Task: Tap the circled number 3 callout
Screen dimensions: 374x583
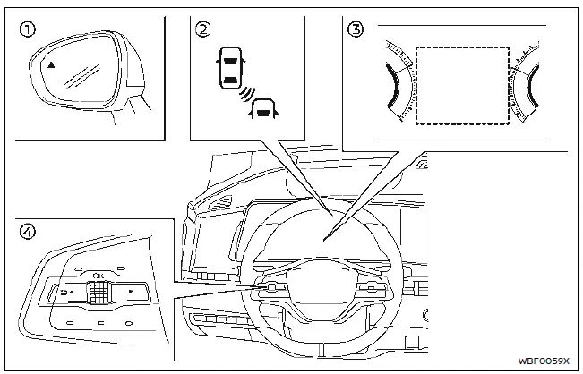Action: point(356,29)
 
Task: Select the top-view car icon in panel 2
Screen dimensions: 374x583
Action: point(229,70)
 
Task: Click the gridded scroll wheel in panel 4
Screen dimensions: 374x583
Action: point(98,293)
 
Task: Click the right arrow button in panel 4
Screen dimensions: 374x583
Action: point(131,292)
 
